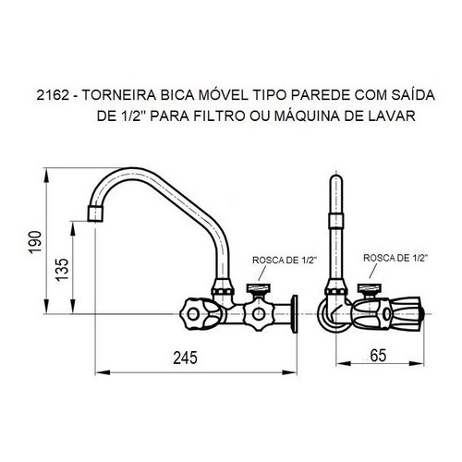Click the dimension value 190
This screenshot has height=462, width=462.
pyautogui.click(x=35, y=242)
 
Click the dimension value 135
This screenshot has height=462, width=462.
pyautogui.click(x=62, y=270)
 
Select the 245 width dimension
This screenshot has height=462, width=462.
pyautogui.click(x=185, y=358)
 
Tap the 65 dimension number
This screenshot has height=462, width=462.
pyautogui.click(x=378, y=356)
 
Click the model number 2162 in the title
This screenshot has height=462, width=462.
pyautogui.click(x=53, y=95)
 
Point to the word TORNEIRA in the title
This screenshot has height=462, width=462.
pyautogui.click(x=119, y=95)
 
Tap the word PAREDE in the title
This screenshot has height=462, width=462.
pyautogui.click(x=321, y=95)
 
